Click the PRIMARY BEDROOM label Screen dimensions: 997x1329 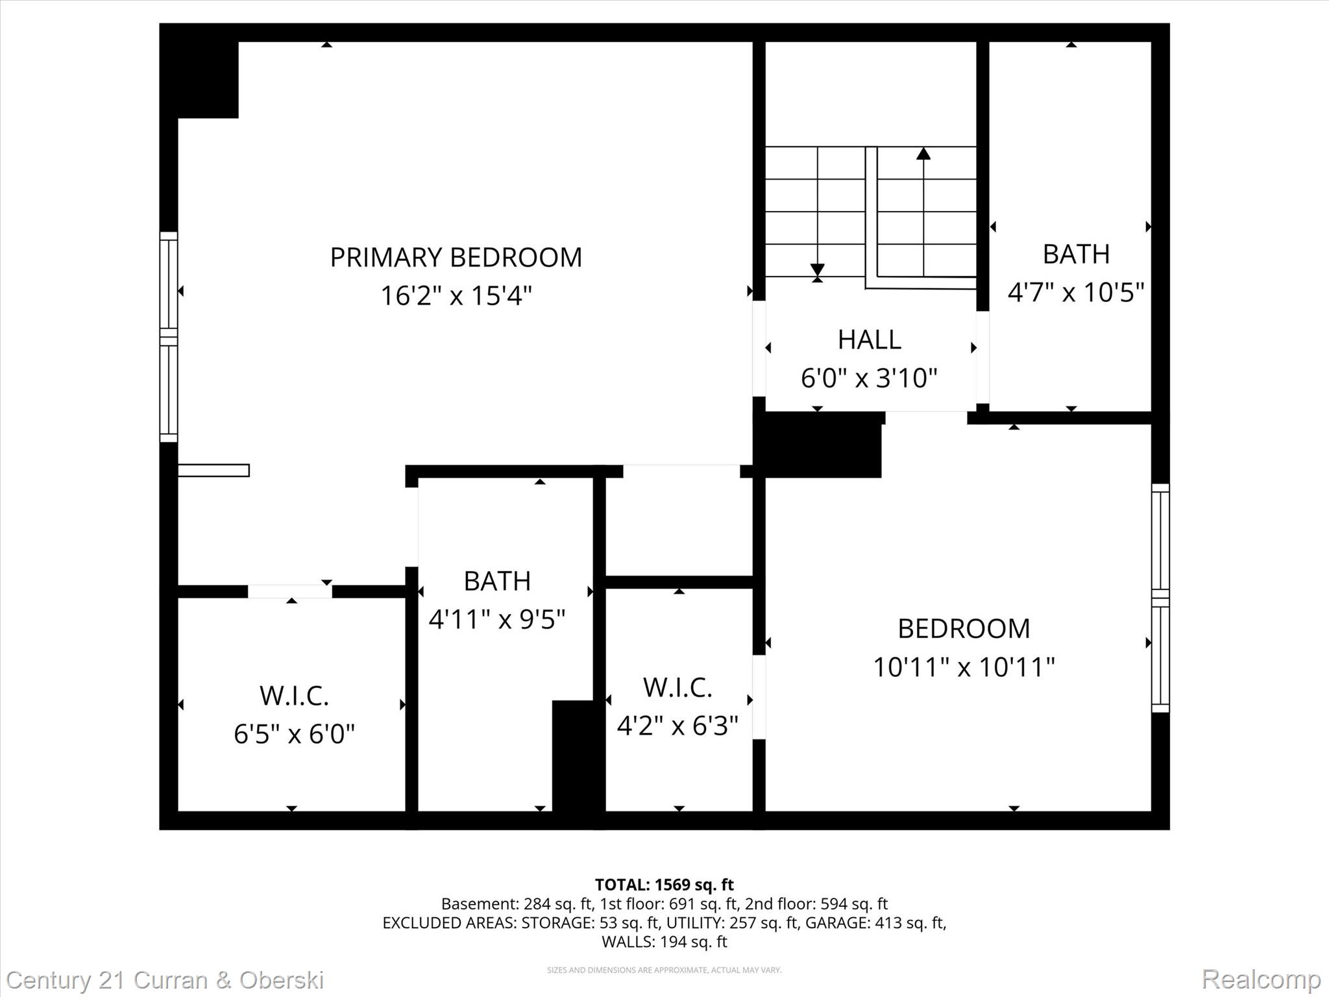pyautogui.click(x=456, y=258)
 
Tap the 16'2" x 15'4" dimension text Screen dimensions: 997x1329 pyautogui.click(x=456, y=296)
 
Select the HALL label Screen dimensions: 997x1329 pyautogui.click(x=869, y=339)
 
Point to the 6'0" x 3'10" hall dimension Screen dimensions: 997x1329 pyautogui.click(x=869, y=378)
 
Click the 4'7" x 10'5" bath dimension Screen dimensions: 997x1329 pyautogui.click(x=1075, y=292)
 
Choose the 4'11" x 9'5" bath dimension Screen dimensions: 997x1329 pyautogui.click(x=497, y=619)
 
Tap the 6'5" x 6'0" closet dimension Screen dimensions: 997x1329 pyautogui.click(x=294, y=734)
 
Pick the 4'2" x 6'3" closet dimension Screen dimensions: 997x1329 pyautogui.click(x=677, y=726)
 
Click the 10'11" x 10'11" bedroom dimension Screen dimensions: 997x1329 pyautogui.click(x=964, y=667)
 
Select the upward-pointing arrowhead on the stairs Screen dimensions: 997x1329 pyautogui.click(x=923, y=154)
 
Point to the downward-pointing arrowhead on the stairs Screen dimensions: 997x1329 pyautogui.click(x=818, y=269)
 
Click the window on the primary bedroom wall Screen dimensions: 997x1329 pyautogui.click(x=169, y=337)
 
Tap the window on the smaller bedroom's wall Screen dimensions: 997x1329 pyautogui.click(x=1160, y=598)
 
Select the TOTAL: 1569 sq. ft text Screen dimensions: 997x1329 pyautogui.click(x=664, y=885)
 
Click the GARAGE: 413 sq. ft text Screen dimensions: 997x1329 pyautogui.click(x=875, y=922)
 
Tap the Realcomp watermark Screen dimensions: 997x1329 pyautogui.click(x=1261, y=979)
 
